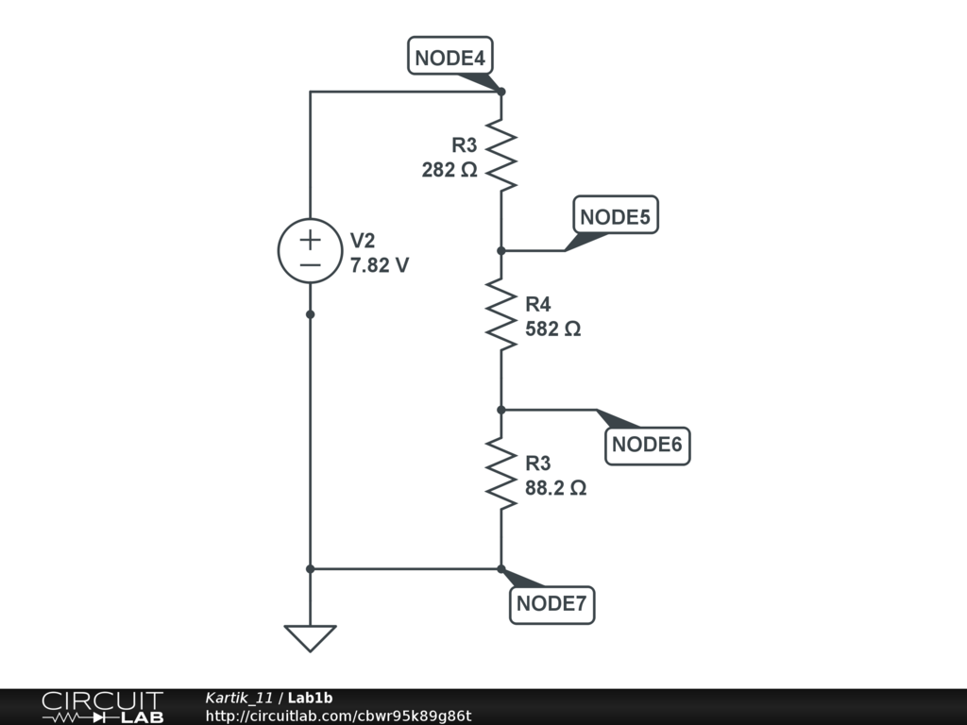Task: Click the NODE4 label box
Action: click(x=450, y=58)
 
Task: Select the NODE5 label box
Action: click(x=615, y=217)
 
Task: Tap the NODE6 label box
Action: click(x=647, y=445)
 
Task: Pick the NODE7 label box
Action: click(x=552, y=604)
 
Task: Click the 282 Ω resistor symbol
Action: click(x=501, y=156)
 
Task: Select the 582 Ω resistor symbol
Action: click(x=501, y=314)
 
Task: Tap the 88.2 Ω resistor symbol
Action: click(x=501, y=474)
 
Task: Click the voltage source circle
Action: click(x=310, y=251)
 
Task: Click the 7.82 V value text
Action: click(x=380, y=266)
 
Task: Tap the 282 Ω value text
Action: click(x=450, y=171)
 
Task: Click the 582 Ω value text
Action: click(x=552, y=330)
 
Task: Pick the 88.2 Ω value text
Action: click(x=556, y=489)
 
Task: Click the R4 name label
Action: click(x=538, y=304)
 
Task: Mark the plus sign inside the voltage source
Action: click(x=310, y=240)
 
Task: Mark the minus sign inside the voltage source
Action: click(x=310, y=265)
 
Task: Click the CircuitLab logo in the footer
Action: click(x=102, y=707)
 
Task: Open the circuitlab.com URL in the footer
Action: click(x=338, y=717)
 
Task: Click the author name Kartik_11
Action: click(x=239, y=698)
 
